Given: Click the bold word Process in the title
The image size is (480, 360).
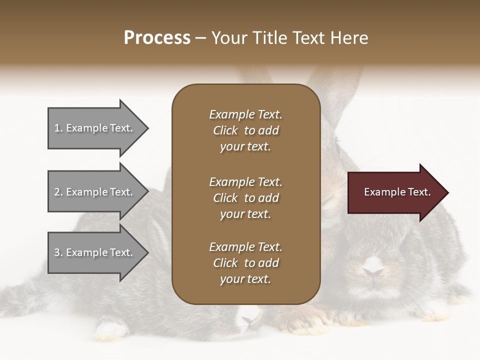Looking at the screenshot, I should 157,38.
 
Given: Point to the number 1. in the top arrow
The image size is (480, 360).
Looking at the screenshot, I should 58,128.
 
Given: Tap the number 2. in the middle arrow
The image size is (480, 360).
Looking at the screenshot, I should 58,192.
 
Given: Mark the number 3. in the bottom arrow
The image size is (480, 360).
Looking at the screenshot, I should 58,252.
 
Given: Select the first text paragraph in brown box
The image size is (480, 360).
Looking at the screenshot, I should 245,130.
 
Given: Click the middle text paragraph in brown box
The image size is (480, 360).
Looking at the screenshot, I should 245,198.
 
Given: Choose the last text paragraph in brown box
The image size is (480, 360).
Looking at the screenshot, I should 245,263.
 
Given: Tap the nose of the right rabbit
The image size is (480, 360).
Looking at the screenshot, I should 372,271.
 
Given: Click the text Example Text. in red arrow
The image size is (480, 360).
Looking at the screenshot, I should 397,192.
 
